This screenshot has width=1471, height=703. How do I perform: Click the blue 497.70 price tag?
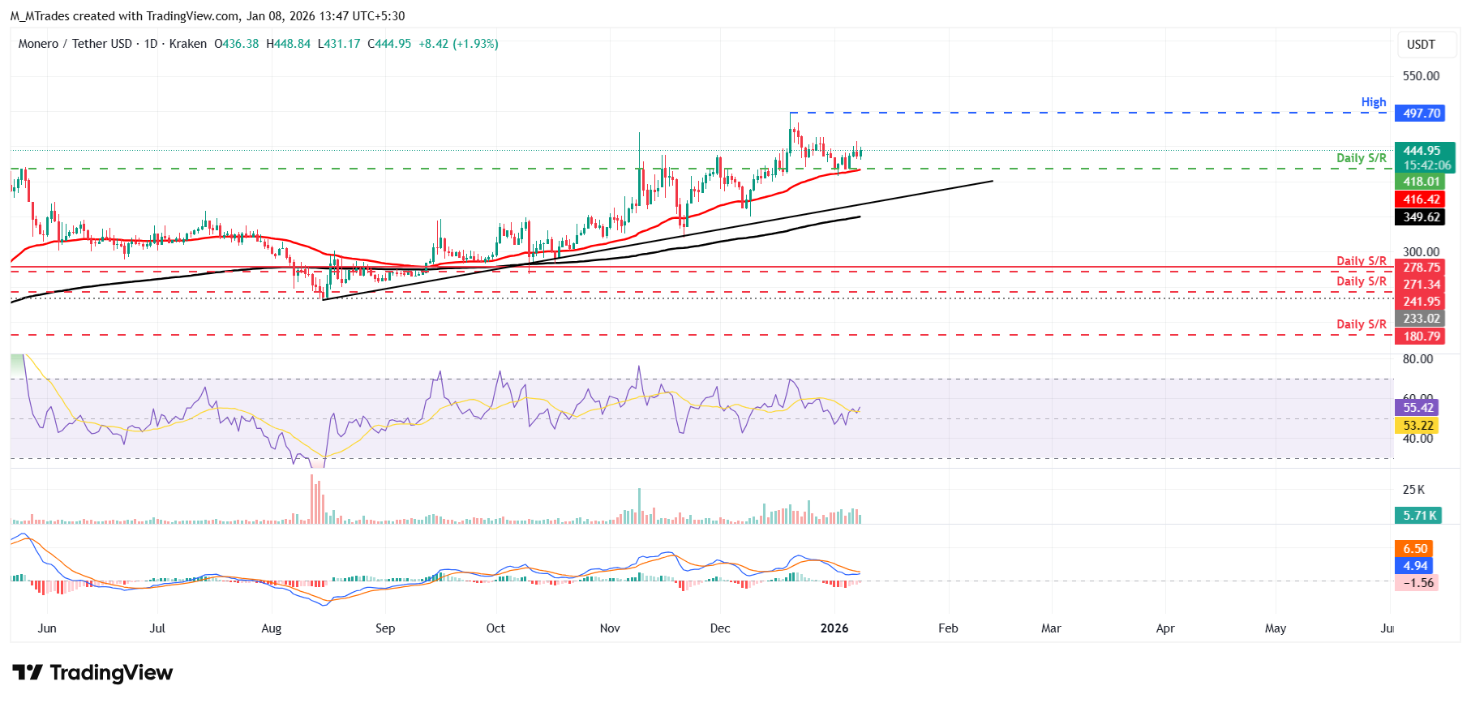(x=1419, y=114)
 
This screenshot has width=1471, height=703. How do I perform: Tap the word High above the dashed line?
(x=1373, y=102)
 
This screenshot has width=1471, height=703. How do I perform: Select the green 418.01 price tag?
(x=1419, y=182)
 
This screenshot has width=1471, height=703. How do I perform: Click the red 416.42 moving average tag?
(x=1419, y=199)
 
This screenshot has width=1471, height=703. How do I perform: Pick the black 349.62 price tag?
(x=1419, y=217)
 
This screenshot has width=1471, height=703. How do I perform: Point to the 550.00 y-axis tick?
(x=1421, y=76)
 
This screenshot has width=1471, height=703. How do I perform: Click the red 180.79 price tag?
(x=1419, y=336)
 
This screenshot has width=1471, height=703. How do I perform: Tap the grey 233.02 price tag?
(x=1419, y=319)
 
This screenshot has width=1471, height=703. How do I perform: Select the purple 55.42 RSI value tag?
(x=1417, y=408)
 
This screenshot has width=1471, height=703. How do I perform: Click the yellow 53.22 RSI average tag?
(x=1417, y=426)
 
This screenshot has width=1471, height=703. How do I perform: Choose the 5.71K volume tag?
(x=1417, y=516)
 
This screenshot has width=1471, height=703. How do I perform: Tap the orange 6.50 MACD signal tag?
(x=1414, y=549)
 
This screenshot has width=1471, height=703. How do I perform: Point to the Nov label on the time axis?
(x=610, y=628)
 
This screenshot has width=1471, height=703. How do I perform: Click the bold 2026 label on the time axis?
(x=834, y=628)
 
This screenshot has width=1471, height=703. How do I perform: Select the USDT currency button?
(x=1420, y=45)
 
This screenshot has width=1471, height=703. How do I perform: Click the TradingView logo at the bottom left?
(x=92, y=673)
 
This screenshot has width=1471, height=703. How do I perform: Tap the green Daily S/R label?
(x=1361, y=158)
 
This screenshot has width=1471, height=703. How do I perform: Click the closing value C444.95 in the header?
(x=389, y=44)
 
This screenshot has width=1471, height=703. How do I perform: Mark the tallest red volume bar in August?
(x=312, y=499)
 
